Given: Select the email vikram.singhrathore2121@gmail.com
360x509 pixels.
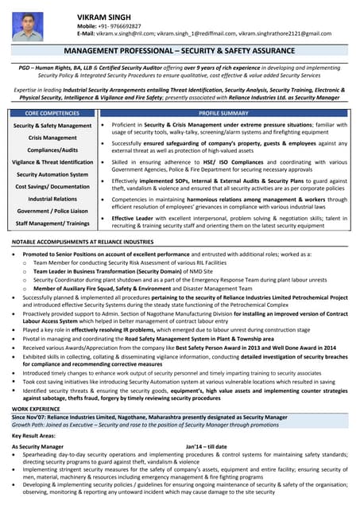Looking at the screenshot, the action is click(285, 33).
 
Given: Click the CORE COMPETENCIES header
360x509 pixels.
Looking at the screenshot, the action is click(52, 114).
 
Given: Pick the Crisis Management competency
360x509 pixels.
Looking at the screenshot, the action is click(52, 138).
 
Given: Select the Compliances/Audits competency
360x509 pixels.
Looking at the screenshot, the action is click(52, 150).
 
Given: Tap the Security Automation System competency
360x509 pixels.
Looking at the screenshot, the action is click(52, 174).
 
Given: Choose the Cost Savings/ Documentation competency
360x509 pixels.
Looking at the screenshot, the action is click(52, 186).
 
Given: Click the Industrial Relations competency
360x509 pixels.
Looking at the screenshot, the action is click(52, 199).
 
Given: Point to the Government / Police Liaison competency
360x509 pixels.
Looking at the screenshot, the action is click(52, 211).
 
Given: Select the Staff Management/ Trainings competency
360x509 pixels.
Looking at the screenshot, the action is click(52, 223).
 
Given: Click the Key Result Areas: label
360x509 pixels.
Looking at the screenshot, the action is click(33, 437).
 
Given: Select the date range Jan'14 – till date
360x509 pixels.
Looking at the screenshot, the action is click(206, 447).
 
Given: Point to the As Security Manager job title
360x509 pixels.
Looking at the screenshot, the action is click(37, 447).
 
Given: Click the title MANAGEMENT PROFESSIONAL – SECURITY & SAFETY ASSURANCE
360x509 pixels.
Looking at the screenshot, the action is click(180, 50).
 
